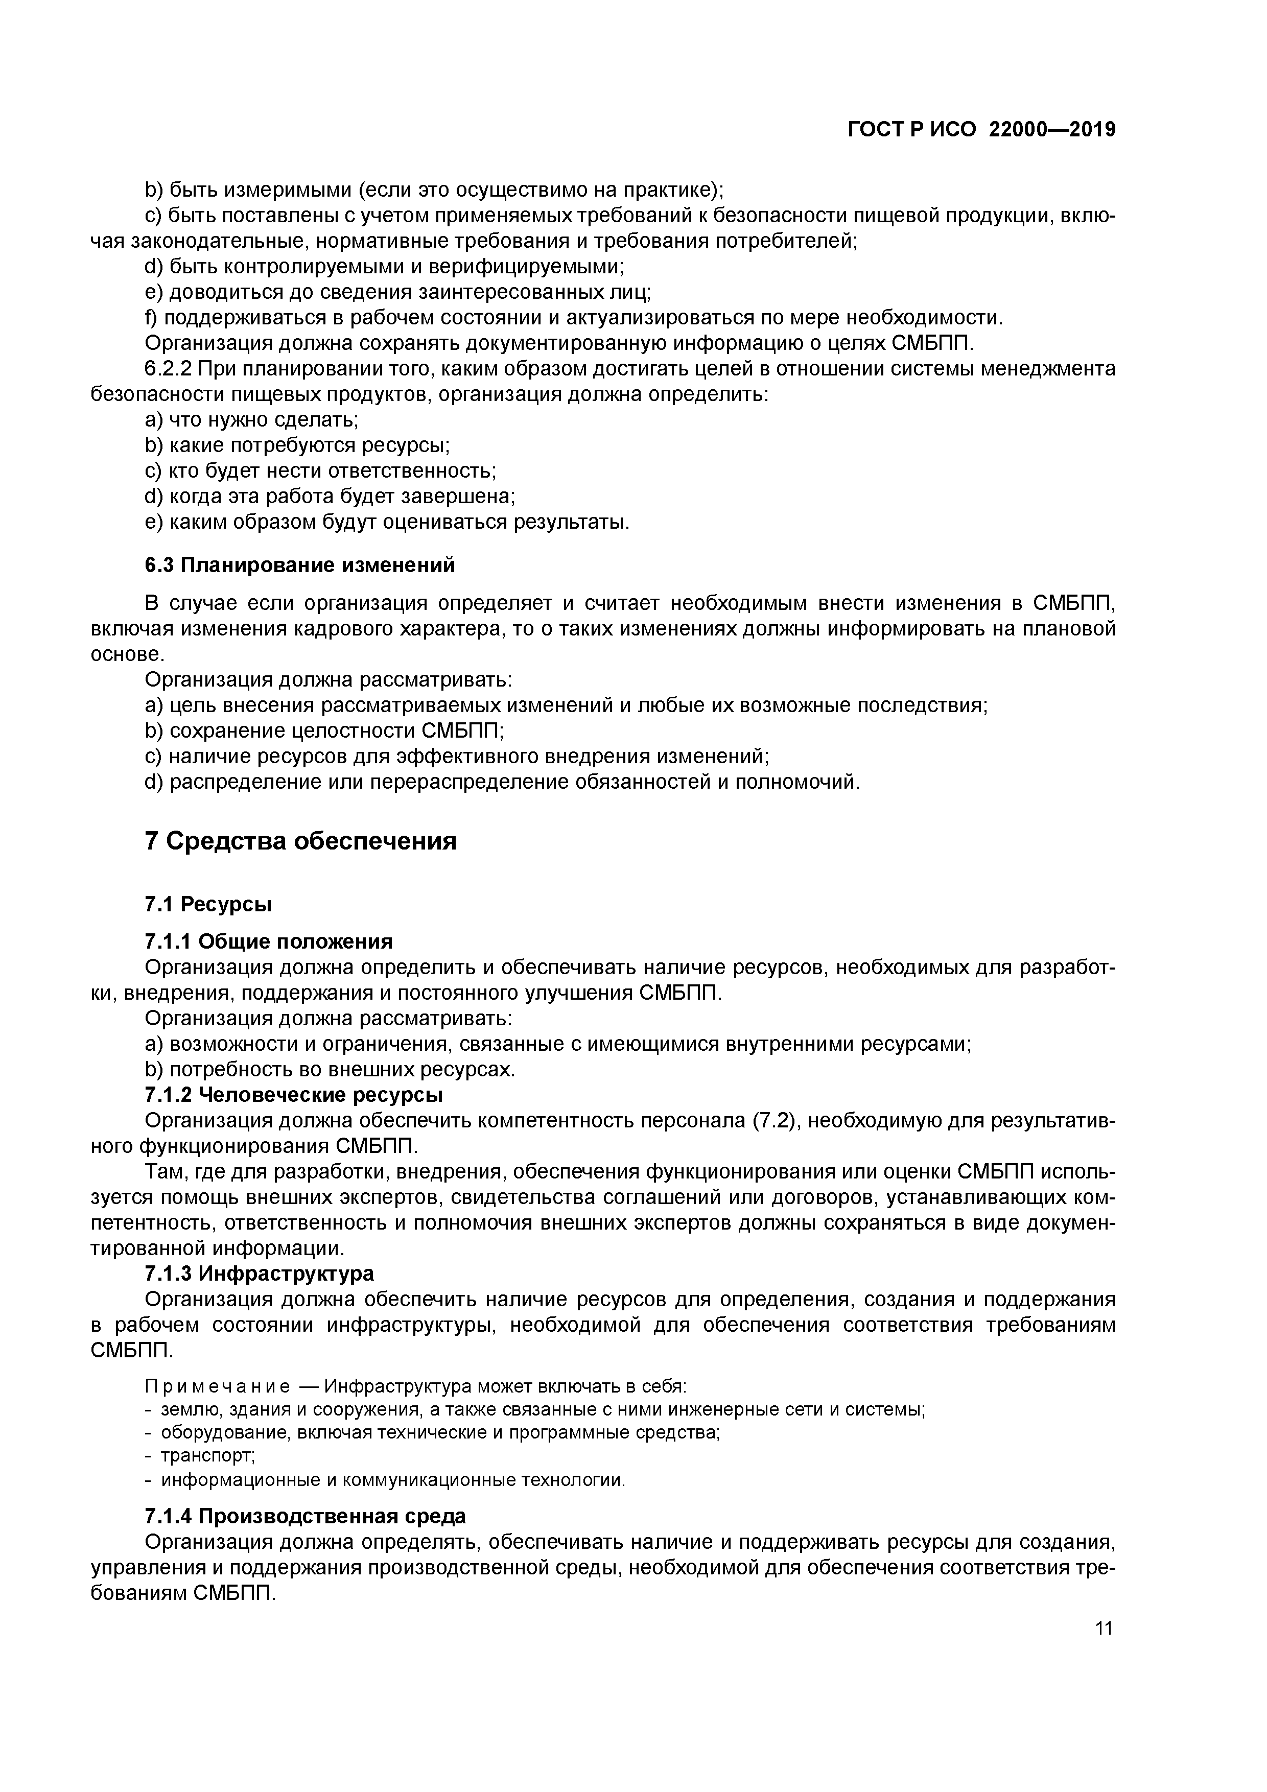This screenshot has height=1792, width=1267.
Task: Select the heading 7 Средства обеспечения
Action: click(300, 841)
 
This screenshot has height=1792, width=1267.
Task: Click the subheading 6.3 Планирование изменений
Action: click(300, 565)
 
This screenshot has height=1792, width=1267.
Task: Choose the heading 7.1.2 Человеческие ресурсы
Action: click(294, 1095)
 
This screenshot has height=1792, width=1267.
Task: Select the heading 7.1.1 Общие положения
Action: click(269, 941)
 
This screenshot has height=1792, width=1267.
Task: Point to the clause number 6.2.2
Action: click(170, 368)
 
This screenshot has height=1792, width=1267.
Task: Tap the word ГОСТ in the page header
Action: click(878, 130)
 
